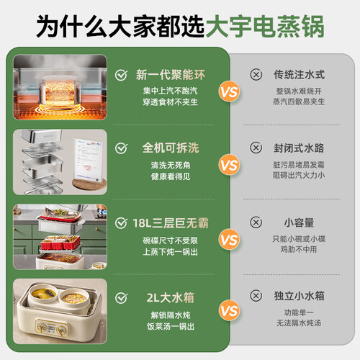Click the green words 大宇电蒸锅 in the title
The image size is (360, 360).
pos(265,27)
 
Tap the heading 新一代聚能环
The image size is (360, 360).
pos(171,75)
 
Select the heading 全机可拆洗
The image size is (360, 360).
pos(171,148)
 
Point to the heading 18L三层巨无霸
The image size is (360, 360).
pos(171,223)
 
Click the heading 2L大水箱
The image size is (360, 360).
pos(171,298)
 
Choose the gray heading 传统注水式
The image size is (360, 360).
pos(299,75)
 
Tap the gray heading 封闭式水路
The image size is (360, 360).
pos(299,148)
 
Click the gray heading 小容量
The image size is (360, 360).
pos(299,222)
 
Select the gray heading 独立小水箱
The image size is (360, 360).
pos(299,296)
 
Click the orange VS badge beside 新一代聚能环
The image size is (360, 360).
pos(229,92)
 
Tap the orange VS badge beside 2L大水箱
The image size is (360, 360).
pos(229,311)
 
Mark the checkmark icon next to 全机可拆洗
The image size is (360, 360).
pos(121,148)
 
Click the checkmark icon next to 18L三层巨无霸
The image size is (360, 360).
pos(121,223)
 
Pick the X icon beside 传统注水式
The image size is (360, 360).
pos(256,75)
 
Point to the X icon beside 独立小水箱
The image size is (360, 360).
pos(256,296)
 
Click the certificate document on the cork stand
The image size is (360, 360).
pos(89,159)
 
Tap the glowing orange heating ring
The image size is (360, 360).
pos(60,109)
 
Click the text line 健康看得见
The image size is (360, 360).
pos(171,176)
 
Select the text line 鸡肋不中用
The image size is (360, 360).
pos(299,250)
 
